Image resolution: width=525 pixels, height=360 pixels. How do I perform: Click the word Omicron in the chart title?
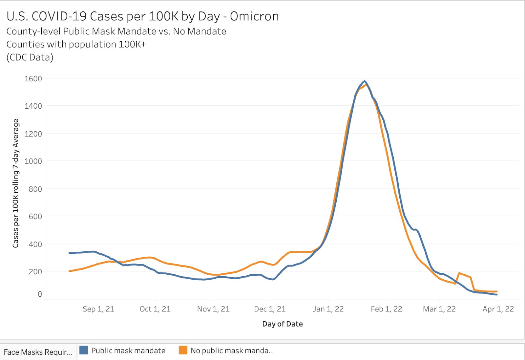254,16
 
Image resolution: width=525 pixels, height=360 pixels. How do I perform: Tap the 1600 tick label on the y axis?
33,79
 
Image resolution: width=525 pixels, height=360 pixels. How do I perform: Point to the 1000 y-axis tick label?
33,161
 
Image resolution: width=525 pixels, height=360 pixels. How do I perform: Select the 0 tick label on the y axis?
40,294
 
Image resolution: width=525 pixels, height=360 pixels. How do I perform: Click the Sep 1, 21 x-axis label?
98,309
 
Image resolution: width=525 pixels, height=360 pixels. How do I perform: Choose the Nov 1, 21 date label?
213,309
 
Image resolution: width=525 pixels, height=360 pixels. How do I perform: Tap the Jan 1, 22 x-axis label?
328,309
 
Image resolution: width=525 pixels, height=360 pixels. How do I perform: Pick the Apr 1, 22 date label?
498,309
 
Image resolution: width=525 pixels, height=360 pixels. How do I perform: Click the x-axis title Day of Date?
283,324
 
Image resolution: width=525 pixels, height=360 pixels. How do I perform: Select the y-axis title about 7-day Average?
15,183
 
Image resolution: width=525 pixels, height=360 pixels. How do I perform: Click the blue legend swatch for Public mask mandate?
84,350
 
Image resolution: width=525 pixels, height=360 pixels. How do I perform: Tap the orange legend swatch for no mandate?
183,350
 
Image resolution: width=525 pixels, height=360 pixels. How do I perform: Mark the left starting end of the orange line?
70,271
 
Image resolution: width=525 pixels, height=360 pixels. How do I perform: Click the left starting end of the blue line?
69,253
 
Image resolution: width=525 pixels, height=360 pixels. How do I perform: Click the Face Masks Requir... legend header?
38,352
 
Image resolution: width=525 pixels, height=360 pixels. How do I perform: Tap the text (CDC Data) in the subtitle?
30,57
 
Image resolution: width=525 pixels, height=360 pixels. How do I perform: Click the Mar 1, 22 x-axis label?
439,309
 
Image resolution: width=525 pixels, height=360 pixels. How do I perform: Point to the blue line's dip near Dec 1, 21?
273,279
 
